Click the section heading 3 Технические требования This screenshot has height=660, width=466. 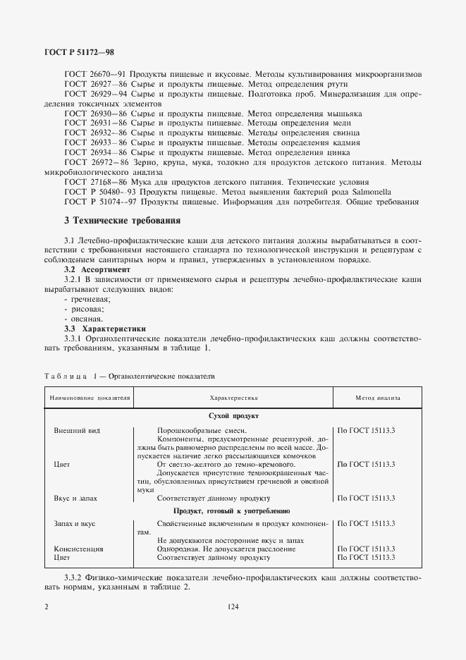tap(122, 220)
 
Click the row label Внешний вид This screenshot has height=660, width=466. tap(72, 429)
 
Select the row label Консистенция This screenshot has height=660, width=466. tap(78, 548)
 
